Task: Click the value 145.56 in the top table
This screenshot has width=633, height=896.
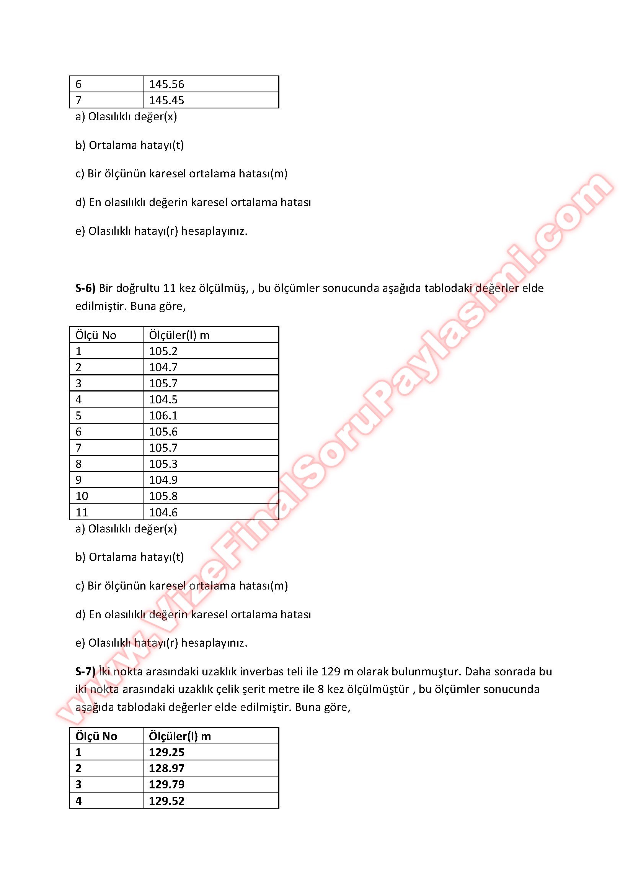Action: click(x=166, y=84)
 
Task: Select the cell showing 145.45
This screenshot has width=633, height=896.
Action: click(x=166, y=100)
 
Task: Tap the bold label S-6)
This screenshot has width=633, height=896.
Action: click(x=85, y=288)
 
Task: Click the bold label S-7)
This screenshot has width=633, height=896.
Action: click(x=85, y=671)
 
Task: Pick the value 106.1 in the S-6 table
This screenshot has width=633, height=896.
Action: click(x=163, y=415)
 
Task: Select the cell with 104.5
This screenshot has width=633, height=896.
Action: click(x=163, y=399)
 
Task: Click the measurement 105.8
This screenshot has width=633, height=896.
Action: click(x=163, y=496)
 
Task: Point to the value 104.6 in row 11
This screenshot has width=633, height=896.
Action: click(x=163, y=512)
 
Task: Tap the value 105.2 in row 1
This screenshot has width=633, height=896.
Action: click(x=163, y=351)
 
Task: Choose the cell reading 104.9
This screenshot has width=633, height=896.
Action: click(x=163, y=480)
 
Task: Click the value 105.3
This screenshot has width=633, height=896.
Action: click(x=163, y=464)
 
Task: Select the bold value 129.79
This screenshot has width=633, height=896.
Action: click(x=166, y=784)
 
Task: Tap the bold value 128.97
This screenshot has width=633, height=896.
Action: click(x=166, y=768)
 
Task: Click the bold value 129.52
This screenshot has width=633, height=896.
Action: click(x=166, y=801)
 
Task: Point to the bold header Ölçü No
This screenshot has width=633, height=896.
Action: click(x=96, y=736)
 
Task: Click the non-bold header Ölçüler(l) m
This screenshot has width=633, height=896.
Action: click(x=179, y=335)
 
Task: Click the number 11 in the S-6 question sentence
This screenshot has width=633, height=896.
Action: click(x=170, y=288)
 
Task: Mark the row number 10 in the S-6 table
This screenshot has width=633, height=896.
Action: click(x=82, y=496)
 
